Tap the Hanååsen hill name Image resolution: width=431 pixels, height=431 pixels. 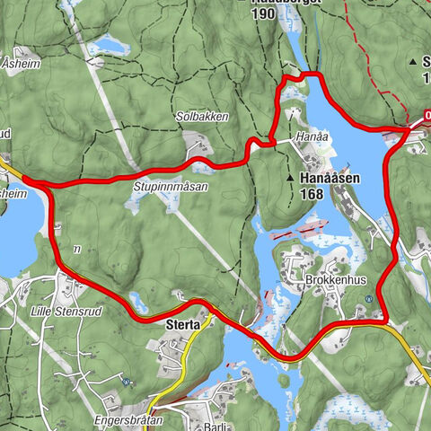(x=330, y=179)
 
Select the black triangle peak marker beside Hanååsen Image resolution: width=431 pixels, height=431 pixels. (x=291, y=179)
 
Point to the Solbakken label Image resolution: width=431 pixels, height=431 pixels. (x=203, y=117)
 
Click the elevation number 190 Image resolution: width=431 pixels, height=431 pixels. (x=265, y=15)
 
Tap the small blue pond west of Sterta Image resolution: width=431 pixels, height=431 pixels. (x=137, y=299)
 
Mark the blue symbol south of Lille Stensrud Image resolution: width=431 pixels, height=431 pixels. (x=128, y=381)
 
